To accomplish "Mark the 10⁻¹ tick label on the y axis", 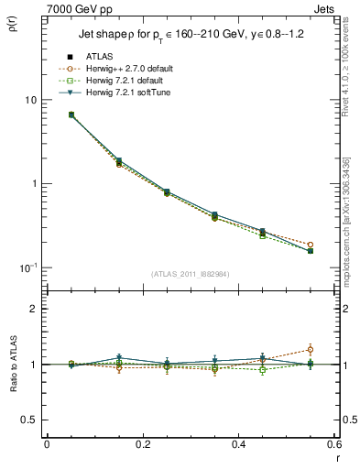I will coord(27,267).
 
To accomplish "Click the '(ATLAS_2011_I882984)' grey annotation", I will coord(190,275).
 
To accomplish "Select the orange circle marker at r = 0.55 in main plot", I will coord(310,245).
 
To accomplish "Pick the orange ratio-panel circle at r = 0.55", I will coord(310,349).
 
